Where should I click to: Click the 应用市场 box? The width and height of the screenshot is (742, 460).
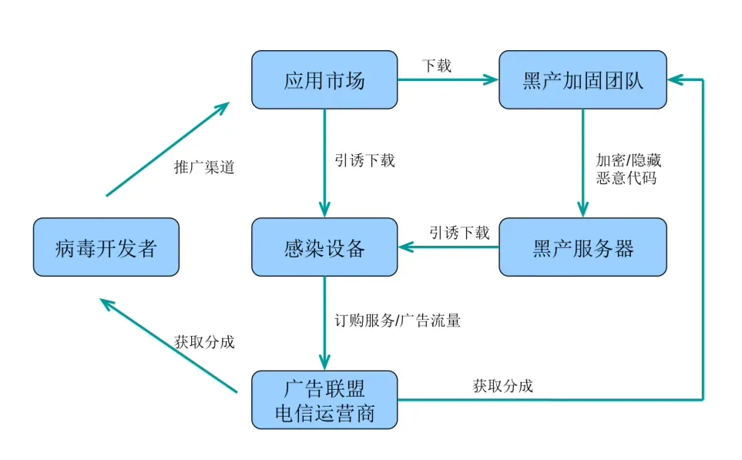(x=324, y=80)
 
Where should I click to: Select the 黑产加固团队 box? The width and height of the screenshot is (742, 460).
(x=583, y=80)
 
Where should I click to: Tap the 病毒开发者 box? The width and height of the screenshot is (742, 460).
(x=106, y=247)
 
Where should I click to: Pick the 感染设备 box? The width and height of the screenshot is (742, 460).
(x=324, y=247)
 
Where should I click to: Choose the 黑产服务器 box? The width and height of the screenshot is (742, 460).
(x=583, y=247)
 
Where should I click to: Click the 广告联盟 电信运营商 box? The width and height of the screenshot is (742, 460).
(x=324, y=400)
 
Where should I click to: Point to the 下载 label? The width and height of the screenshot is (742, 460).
(x=437, y=65)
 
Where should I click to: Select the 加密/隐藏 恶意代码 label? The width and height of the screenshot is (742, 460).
(x=629, y=169)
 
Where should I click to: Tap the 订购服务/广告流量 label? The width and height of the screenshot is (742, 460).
(x=398, y=321)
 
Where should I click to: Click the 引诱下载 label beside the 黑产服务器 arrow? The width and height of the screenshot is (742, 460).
(x=459, y=233)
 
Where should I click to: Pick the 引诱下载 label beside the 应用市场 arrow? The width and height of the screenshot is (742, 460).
(x=364, y=160)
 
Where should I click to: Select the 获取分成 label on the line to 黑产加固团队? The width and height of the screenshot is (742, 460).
(x=502, y=386)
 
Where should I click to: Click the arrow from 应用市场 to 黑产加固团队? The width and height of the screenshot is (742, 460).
(x=447, y=79)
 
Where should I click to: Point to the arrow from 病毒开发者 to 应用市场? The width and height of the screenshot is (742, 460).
(x=168, y=148)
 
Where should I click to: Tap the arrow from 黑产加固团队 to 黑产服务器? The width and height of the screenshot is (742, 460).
(x=583, y=162)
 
